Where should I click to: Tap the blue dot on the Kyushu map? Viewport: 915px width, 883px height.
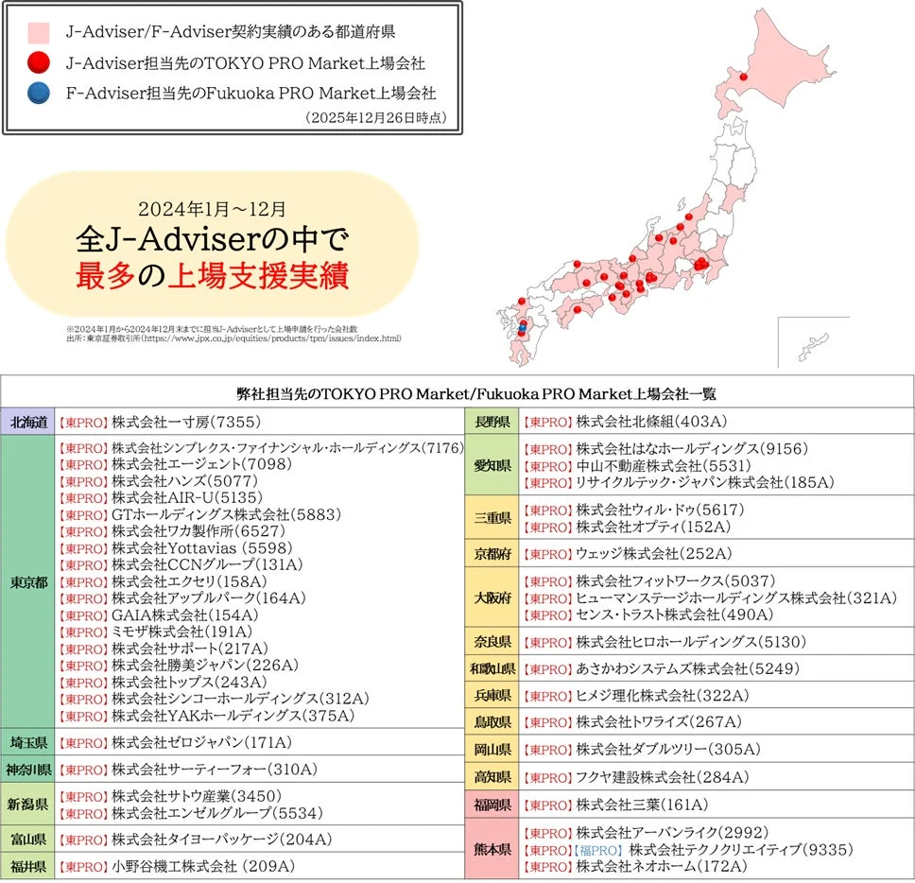pyautogui.click(x=522, y=328)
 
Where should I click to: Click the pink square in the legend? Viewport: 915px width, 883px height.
pyautogui.click(x=39, y=32)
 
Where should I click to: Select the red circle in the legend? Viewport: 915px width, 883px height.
pyautogui.click(x=39, y=63)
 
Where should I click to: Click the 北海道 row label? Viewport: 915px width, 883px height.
pyautogui.click(x=28, y=423)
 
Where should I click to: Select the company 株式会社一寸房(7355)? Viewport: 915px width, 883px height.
pyautogui.click(x=185, y=423)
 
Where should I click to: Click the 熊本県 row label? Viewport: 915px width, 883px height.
pyautogui.click(x=492, y=849)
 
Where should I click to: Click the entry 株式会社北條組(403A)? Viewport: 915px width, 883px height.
pyautogui.click(x=651, y=422)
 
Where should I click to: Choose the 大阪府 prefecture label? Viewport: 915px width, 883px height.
pyautogui.click(x=492, y=597)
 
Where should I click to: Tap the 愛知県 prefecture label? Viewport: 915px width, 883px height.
pyautogui.click(x=492, y=465)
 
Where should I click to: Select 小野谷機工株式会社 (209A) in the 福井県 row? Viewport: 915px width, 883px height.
pyautogui.click(x=203, y=866)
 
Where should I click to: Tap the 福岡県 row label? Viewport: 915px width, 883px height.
pyautogui.click(x=492, y=805)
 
